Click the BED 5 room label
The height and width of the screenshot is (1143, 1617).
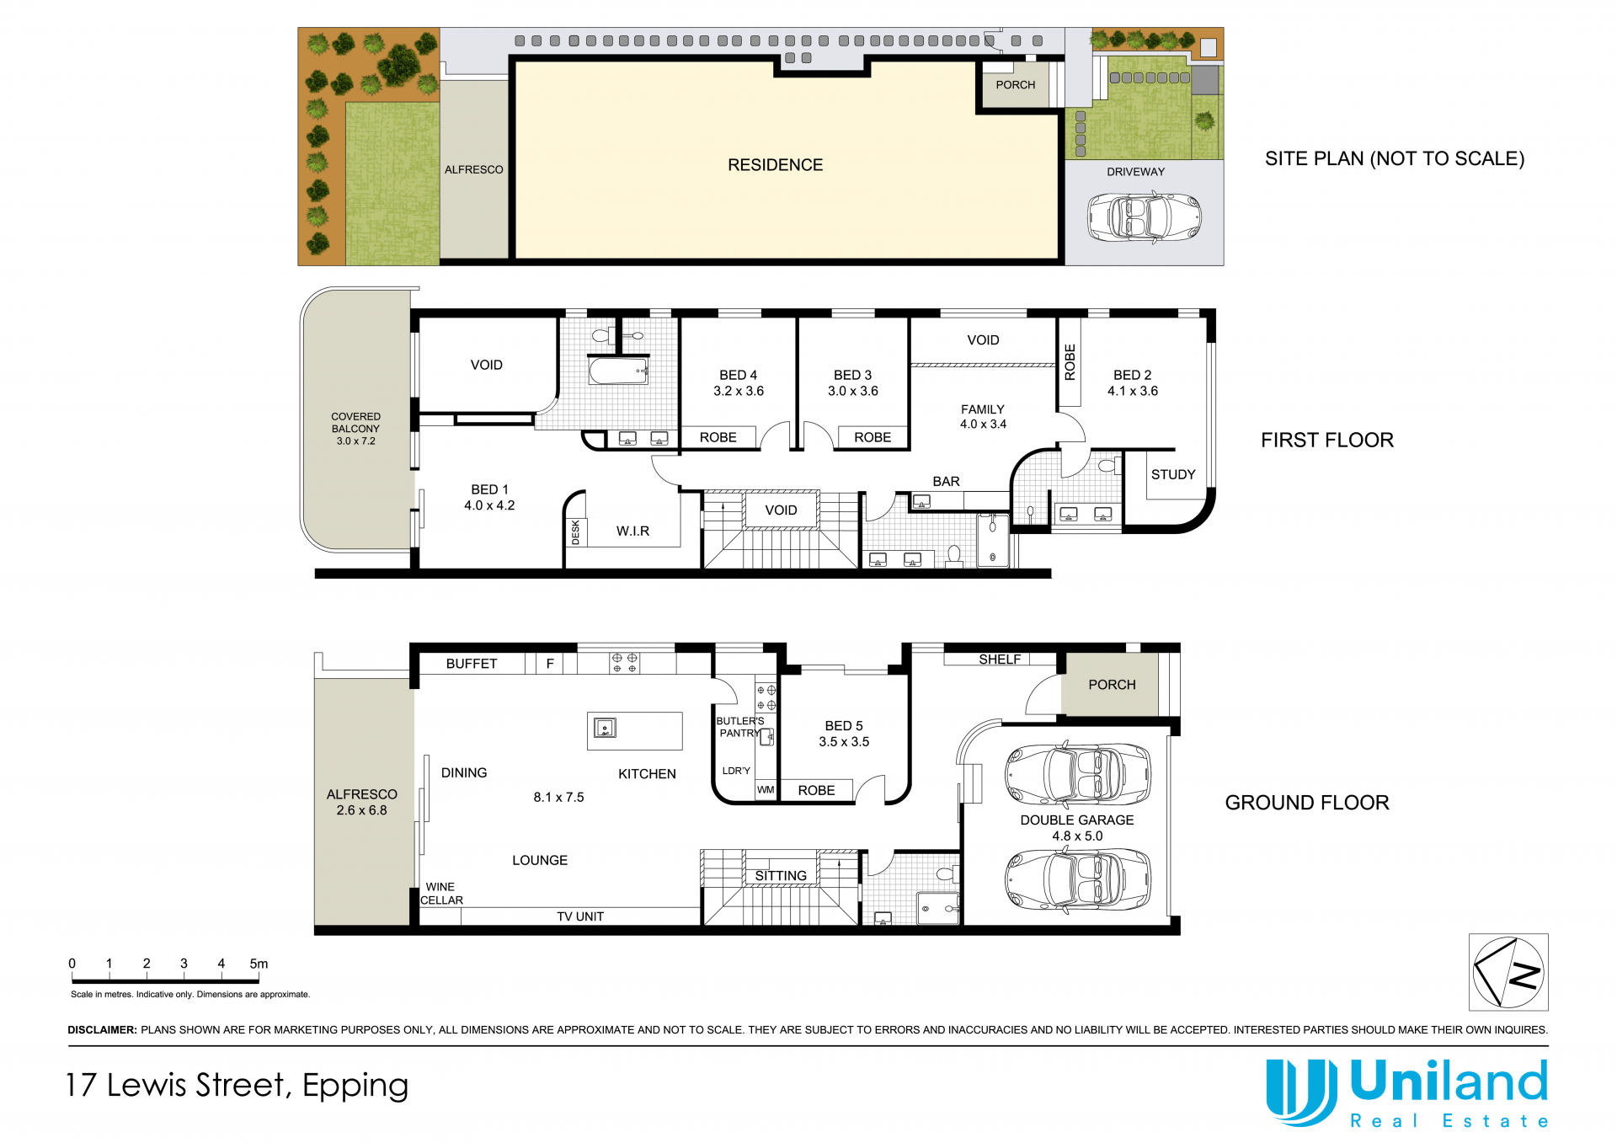click(844, 725)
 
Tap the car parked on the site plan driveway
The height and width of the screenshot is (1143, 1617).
click(1144, 217)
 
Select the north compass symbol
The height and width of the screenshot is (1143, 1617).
click(1508, 972)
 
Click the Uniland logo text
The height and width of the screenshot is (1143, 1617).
click(1449, 1082)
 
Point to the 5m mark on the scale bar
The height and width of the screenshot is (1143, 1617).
click(259, 964)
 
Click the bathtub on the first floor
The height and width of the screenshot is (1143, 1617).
click(618, 371)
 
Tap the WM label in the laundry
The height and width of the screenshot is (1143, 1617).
click(766, 790)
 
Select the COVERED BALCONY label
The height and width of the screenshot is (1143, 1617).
click(355, 423)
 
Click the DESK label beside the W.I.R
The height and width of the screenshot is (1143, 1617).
click(576, 532)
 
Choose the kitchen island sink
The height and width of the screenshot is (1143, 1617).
click(605, 728)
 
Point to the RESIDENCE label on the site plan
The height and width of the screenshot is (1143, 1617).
click(776, 165)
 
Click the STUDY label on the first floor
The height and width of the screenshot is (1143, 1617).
click(1173, 474)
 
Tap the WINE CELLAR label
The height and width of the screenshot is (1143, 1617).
click(441, 894)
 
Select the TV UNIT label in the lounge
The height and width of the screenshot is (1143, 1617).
click(580, 916)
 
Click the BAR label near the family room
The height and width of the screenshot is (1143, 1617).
click(946, 481)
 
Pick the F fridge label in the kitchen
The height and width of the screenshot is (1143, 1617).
click(550, 664)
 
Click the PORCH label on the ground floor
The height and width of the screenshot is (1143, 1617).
click(1112, 685)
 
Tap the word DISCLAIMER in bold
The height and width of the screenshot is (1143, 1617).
click(102, 1030)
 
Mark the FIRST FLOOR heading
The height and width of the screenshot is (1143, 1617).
click(1327, 440)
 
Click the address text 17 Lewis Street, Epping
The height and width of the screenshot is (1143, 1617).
click(237, 1086)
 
